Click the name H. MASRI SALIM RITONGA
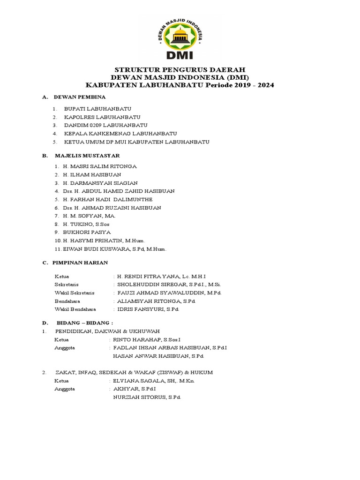point(100,166)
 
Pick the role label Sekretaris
point(67,285)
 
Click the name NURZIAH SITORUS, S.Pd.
point(147,397)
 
